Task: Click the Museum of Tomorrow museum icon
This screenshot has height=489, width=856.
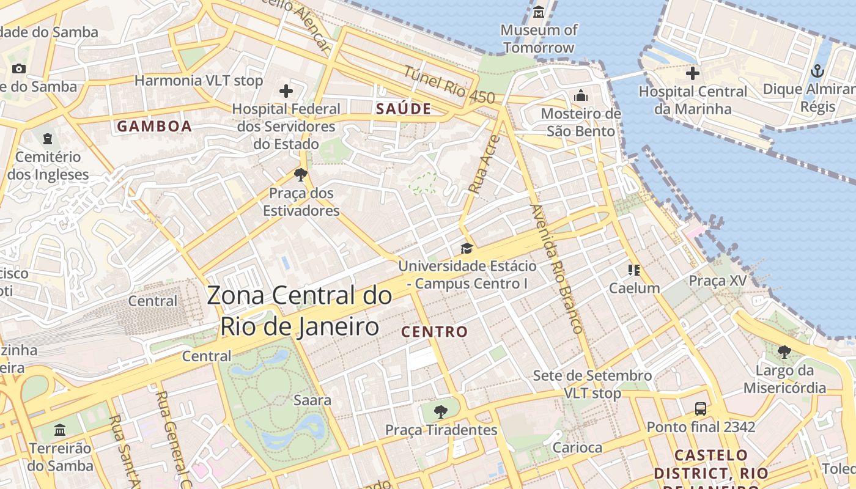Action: click(x=539, y=12)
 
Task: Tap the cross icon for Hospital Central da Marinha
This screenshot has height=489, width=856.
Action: click(x=692, y=74)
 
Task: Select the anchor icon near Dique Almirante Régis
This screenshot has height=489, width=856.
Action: click(x=817, y=72)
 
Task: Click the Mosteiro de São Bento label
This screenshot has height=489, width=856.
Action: click(x=581, y=122)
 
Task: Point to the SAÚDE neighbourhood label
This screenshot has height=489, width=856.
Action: click(x=404, y=109)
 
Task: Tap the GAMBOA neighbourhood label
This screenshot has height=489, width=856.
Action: click(x=154, y=127)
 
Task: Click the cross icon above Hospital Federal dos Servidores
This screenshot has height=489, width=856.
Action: click(x=286, y=92)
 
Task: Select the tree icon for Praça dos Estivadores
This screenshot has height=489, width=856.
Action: click(x=300, y=175)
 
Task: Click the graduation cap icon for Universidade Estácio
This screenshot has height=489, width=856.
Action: click(x=467, y=248)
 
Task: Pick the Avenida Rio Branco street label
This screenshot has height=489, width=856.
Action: click(x=556, y=269)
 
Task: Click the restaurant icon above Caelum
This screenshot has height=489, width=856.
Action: click(x=633, y=270)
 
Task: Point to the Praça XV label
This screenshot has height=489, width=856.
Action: click(x=718, y=281)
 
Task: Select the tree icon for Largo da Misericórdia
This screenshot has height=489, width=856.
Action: click(x=784, y=351)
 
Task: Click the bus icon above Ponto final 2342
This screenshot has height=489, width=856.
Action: click(x=701, y=408)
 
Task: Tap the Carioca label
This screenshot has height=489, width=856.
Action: click(x=577, y=447)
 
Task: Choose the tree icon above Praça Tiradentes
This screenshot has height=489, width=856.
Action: click(x=440, y=411)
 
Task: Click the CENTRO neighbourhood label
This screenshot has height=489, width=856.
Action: click(x=434, y=332)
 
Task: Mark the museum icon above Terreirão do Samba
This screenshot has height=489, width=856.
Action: click(x=60, y=430)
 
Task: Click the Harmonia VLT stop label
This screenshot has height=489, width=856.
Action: click(x=198, y=81)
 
